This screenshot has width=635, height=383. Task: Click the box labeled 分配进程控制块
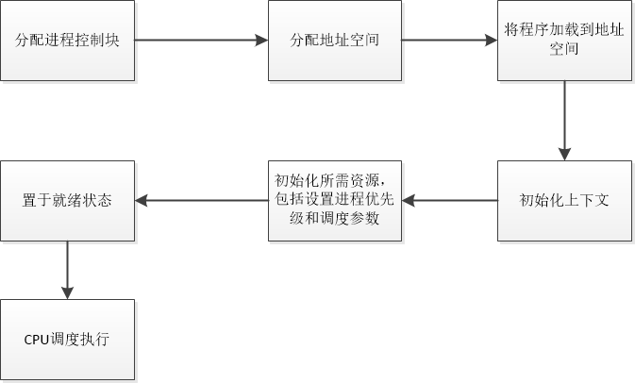click(67, 41)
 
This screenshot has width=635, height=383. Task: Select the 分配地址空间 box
click(335, 41)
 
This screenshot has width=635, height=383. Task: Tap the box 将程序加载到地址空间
click(564, 41)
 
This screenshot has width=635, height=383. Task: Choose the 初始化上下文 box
click(564, 200)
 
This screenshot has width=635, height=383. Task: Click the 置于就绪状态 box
click(67, 200)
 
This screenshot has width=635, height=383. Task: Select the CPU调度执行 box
click(67, 339)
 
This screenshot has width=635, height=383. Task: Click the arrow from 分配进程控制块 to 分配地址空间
click(201, 41)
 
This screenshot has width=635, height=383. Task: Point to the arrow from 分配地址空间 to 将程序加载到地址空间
click(450, 41)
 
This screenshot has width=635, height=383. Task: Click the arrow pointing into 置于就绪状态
click(201, 200)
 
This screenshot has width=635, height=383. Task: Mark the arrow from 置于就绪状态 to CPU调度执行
click(67, 269)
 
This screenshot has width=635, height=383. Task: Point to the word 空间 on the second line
click(564, 50)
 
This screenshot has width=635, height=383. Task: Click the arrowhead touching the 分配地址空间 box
click(262, 41)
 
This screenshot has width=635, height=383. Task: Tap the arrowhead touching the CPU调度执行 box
click(67, 292)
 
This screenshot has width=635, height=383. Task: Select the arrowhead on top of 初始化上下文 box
click(564, 154)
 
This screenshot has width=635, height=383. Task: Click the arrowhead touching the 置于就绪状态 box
click(142, 200)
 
